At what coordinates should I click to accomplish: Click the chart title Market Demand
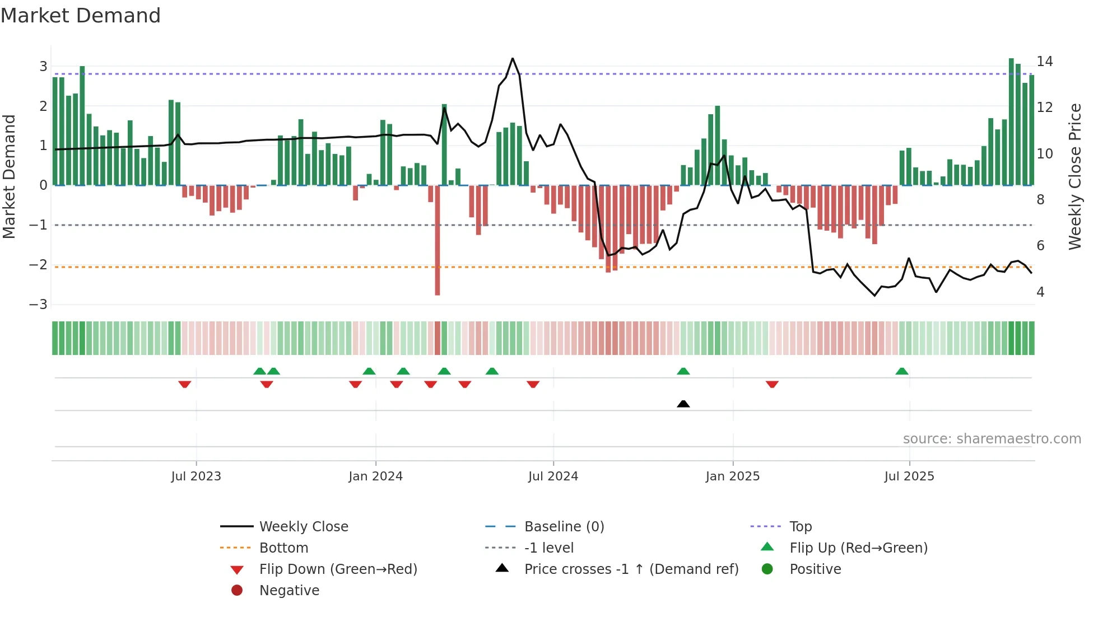81,16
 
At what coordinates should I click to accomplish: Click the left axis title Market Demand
9,176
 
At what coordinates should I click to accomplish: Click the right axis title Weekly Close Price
1074,176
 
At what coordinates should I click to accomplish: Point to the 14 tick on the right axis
1044,61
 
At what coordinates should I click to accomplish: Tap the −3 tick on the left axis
39,305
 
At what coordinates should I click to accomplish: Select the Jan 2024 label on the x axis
375,476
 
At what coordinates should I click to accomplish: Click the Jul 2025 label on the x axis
909,476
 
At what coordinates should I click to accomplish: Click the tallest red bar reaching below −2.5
438,241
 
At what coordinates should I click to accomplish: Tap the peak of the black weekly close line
513,59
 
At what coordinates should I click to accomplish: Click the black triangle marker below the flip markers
683,404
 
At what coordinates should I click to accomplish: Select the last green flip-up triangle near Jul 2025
901,371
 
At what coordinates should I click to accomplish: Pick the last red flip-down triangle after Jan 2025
772,384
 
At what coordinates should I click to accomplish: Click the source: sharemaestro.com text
992,439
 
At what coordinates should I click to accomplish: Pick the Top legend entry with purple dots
800,527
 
